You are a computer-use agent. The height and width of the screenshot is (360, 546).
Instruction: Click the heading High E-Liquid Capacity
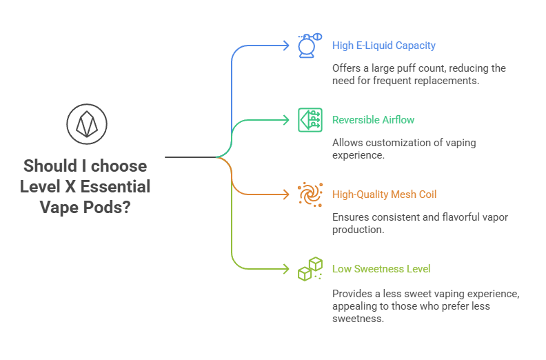coord(383,46)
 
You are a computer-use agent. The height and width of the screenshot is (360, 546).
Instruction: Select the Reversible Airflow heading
coord(373,120)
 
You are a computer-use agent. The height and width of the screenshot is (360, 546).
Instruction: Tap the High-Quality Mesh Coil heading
coord(384,194)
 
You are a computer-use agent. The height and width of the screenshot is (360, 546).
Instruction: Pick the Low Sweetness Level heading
coord(381,268)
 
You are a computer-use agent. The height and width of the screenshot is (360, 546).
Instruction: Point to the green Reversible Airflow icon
coord(310,120)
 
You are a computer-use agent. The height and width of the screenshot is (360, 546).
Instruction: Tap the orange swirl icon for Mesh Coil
coord(310,194)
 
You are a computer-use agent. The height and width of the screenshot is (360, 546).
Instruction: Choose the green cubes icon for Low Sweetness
coord(310,268)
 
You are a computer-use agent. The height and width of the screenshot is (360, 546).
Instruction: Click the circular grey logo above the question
coord(87,125)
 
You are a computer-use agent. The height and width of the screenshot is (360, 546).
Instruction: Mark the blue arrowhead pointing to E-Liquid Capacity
coord(286,46)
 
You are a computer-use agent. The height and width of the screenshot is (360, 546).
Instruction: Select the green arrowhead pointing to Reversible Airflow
coord(286,120)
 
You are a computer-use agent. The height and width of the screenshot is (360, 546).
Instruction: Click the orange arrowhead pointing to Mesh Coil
coord(286,194)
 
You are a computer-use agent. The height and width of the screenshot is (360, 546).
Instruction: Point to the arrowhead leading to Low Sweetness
coord(286,268)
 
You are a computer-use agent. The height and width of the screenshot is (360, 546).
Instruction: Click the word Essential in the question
coord(117,186)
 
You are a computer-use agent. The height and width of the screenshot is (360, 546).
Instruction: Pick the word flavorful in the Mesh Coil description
coord(452,217)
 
